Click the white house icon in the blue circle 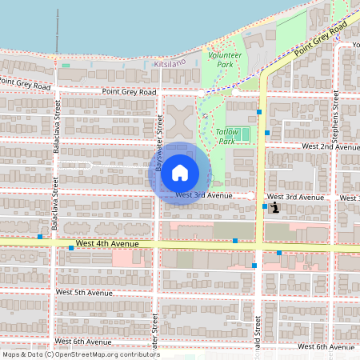[180, 172]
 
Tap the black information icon [275, 207]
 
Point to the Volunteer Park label [225, 58]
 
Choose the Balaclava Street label [56, 133]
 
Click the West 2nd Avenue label [330, 147]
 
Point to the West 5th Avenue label [85, 293]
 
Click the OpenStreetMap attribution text [80, 354]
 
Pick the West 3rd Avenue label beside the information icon [295, 197]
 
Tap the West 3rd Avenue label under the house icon [204, 195]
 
